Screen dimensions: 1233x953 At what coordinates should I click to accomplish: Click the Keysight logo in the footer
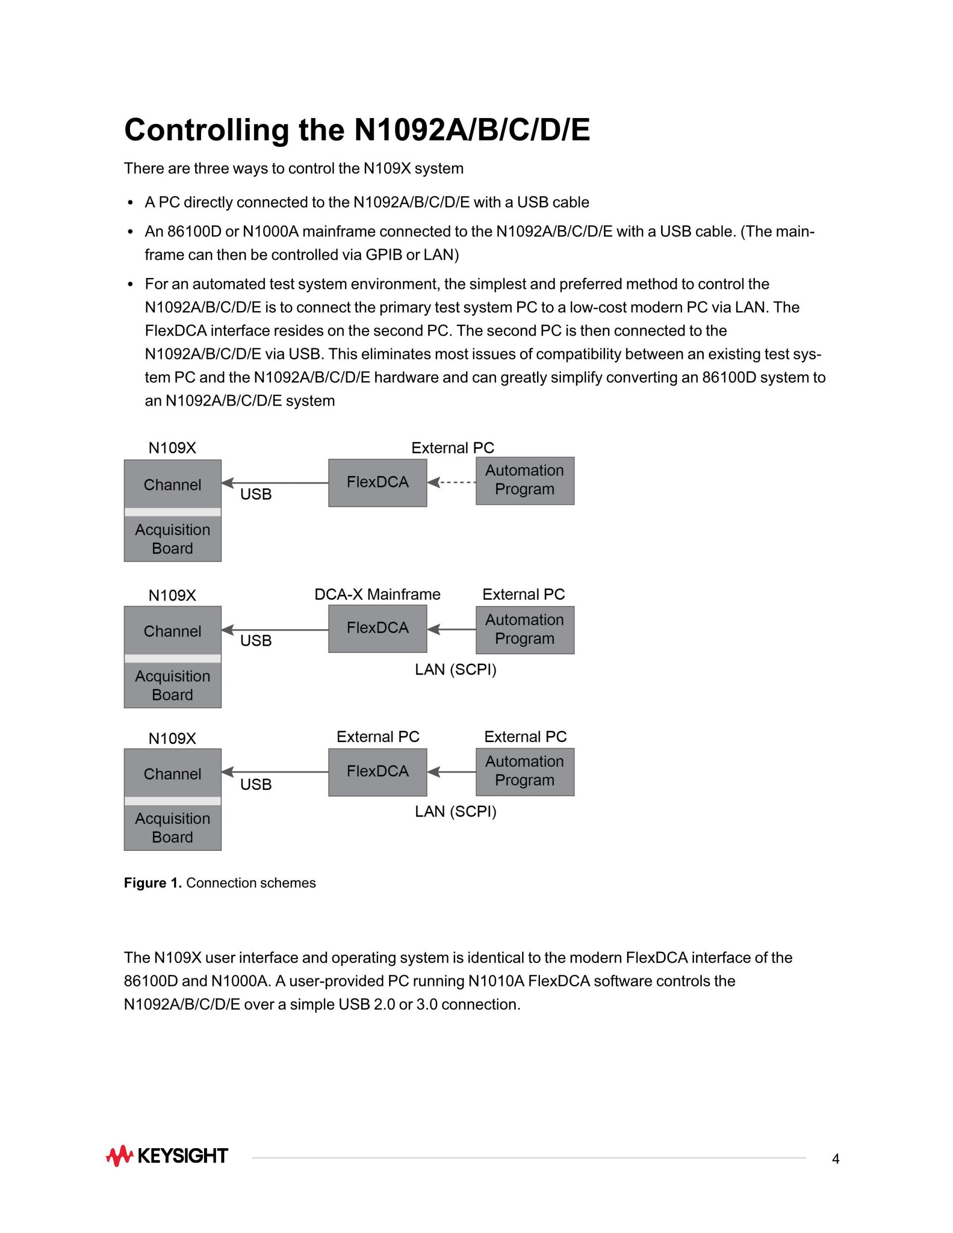[167, 1156]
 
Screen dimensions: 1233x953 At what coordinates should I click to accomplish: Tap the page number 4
[835, 1159]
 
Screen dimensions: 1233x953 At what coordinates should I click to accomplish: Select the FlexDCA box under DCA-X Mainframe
[377, 628]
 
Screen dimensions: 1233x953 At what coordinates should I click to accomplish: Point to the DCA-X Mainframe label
[377, 595]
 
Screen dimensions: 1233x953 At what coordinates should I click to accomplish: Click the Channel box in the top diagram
[172, 484]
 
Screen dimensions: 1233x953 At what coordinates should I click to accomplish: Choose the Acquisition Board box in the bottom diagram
[172, 827]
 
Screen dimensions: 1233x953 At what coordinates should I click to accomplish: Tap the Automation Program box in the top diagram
[525, 480]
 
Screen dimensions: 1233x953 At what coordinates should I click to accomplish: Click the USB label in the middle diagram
[256, 641]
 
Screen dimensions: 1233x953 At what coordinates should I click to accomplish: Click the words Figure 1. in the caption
[152, 883]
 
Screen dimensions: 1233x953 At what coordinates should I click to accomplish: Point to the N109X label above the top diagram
[172, 448]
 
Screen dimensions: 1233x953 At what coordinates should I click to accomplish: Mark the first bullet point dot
[131, 203]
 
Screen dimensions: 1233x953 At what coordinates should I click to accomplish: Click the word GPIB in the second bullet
[383, 255]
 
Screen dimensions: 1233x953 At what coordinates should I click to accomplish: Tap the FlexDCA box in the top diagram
[377, 482]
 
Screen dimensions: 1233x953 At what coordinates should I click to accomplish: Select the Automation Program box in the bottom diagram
[525, 772]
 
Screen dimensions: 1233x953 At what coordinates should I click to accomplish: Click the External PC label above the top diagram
[452, 448]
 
